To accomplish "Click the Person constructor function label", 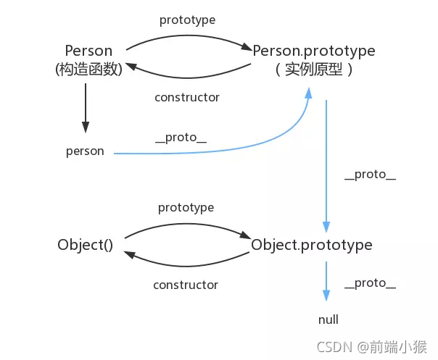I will [88, 51].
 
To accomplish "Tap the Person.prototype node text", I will [314, 51].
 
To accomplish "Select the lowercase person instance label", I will [85, 151].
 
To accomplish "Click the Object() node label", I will [85, 245].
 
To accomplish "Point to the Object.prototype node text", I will [312, 245].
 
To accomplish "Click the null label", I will [328, 319].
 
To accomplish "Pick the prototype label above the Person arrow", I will [187, 20].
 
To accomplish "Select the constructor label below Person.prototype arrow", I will [187, 97].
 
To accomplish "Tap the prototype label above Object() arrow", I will [186, 207].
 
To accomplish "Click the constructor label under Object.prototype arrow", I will [186, 285].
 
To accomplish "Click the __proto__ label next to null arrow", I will [370, 283].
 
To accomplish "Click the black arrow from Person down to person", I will [86, 107].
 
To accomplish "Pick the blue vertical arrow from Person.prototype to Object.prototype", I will [326, 167].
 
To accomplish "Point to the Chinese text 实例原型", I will [314, 70].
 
